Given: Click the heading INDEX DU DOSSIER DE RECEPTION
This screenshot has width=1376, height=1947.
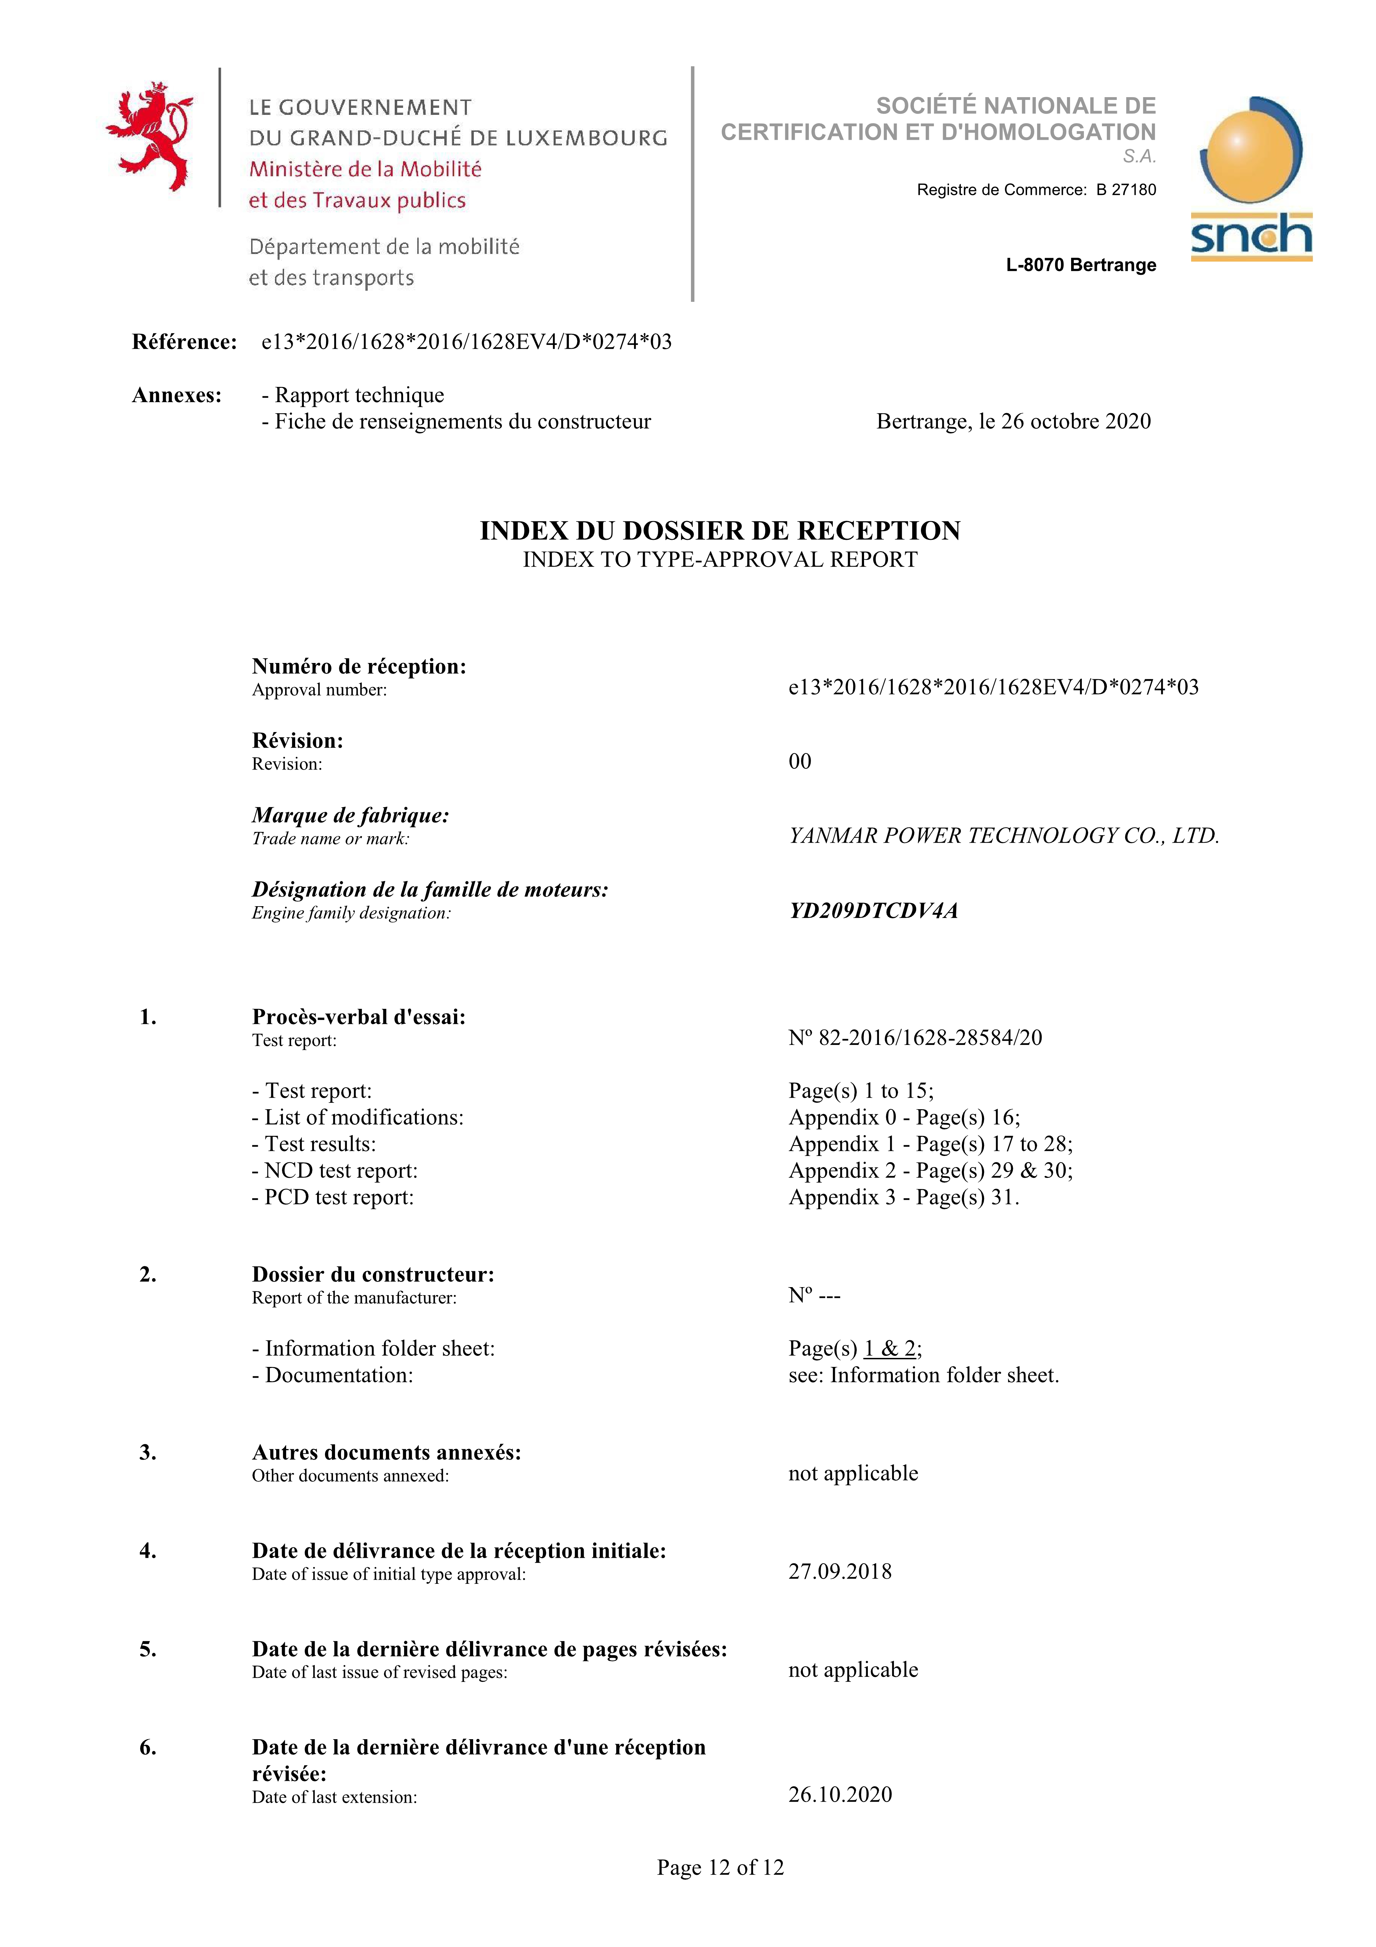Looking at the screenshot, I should (720, 531).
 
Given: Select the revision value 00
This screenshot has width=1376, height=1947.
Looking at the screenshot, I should (800, 762).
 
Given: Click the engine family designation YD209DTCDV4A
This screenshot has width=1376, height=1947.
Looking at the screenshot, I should (873, 911).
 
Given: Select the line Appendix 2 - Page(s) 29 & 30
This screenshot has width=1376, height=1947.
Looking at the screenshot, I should (930, 1171).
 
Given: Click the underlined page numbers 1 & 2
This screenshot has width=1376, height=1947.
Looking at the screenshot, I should (889, 1348).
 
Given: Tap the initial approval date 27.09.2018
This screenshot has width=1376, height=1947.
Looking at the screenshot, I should (839, 1571).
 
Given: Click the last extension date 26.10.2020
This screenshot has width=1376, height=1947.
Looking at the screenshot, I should (839, 1794).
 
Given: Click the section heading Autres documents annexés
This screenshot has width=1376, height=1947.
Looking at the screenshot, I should (386, 1453).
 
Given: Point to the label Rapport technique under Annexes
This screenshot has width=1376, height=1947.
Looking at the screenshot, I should (359, 395).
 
